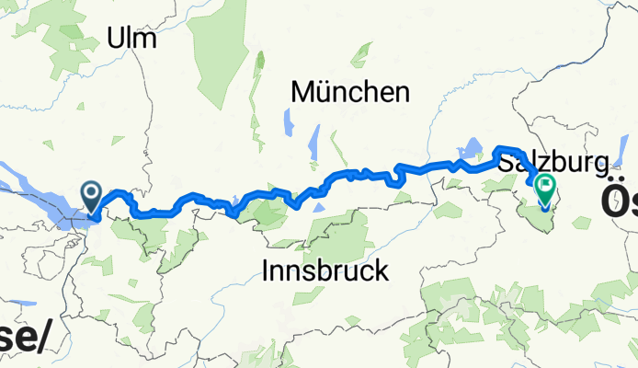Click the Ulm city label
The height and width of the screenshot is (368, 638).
[x=132, y=39]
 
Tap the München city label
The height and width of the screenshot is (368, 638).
[x=349, y=92]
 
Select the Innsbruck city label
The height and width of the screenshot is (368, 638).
[x=325, y=271]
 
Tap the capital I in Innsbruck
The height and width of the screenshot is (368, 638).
[x=266, y=271]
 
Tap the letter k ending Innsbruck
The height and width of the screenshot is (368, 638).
[x=382, y=271]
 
